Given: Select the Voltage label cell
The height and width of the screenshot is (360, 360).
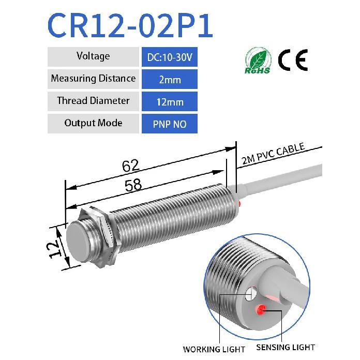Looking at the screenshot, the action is coord(93,57).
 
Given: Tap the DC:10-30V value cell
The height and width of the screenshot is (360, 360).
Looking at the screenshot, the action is coord(170,57).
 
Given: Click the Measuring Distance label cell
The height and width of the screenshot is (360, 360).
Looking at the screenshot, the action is coord(93,79).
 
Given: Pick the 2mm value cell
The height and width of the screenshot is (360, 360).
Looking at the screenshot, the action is coord(170,79).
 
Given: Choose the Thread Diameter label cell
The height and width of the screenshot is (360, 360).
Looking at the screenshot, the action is coord(93,101).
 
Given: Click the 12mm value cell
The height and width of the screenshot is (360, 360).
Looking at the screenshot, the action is coord(170,101).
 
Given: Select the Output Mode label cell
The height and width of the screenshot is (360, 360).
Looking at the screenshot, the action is coord(93,124).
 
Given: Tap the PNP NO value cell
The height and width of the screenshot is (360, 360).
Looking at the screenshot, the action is coord(170,124).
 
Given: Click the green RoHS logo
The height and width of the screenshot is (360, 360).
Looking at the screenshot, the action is coord(258,61).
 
